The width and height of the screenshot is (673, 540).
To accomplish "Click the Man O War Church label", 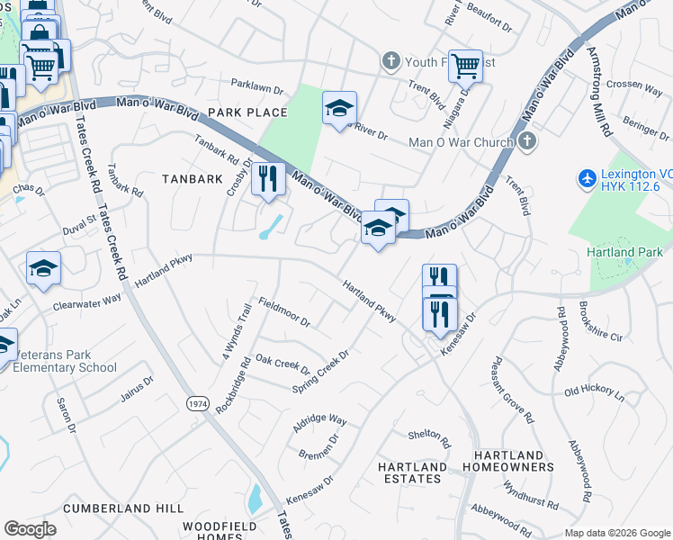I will tap(460, 142).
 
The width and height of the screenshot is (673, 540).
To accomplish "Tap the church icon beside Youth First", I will tap(390, 61).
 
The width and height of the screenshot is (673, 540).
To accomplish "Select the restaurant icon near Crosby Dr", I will tap(268, 179).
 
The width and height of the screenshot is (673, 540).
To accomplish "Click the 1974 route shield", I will tap(198, 404).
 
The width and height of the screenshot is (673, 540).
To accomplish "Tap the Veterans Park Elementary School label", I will tap(62, 361).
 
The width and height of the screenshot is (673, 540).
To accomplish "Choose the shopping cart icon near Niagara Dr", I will tap(465, 66).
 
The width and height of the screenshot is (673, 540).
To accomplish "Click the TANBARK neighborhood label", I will tap(192, 179).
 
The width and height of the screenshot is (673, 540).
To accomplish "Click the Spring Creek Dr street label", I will tap(320, 372).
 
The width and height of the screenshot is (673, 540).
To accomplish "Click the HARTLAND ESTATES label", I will tap(413, 473).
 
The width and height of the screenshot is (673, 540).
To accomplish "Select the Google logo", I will tap(30, 529).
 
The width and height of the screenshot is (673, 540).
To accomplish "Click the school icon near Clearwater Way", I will tap(43, 269).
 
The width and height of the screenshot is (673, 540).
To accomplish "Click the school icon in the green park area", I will tap(339, 110).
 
